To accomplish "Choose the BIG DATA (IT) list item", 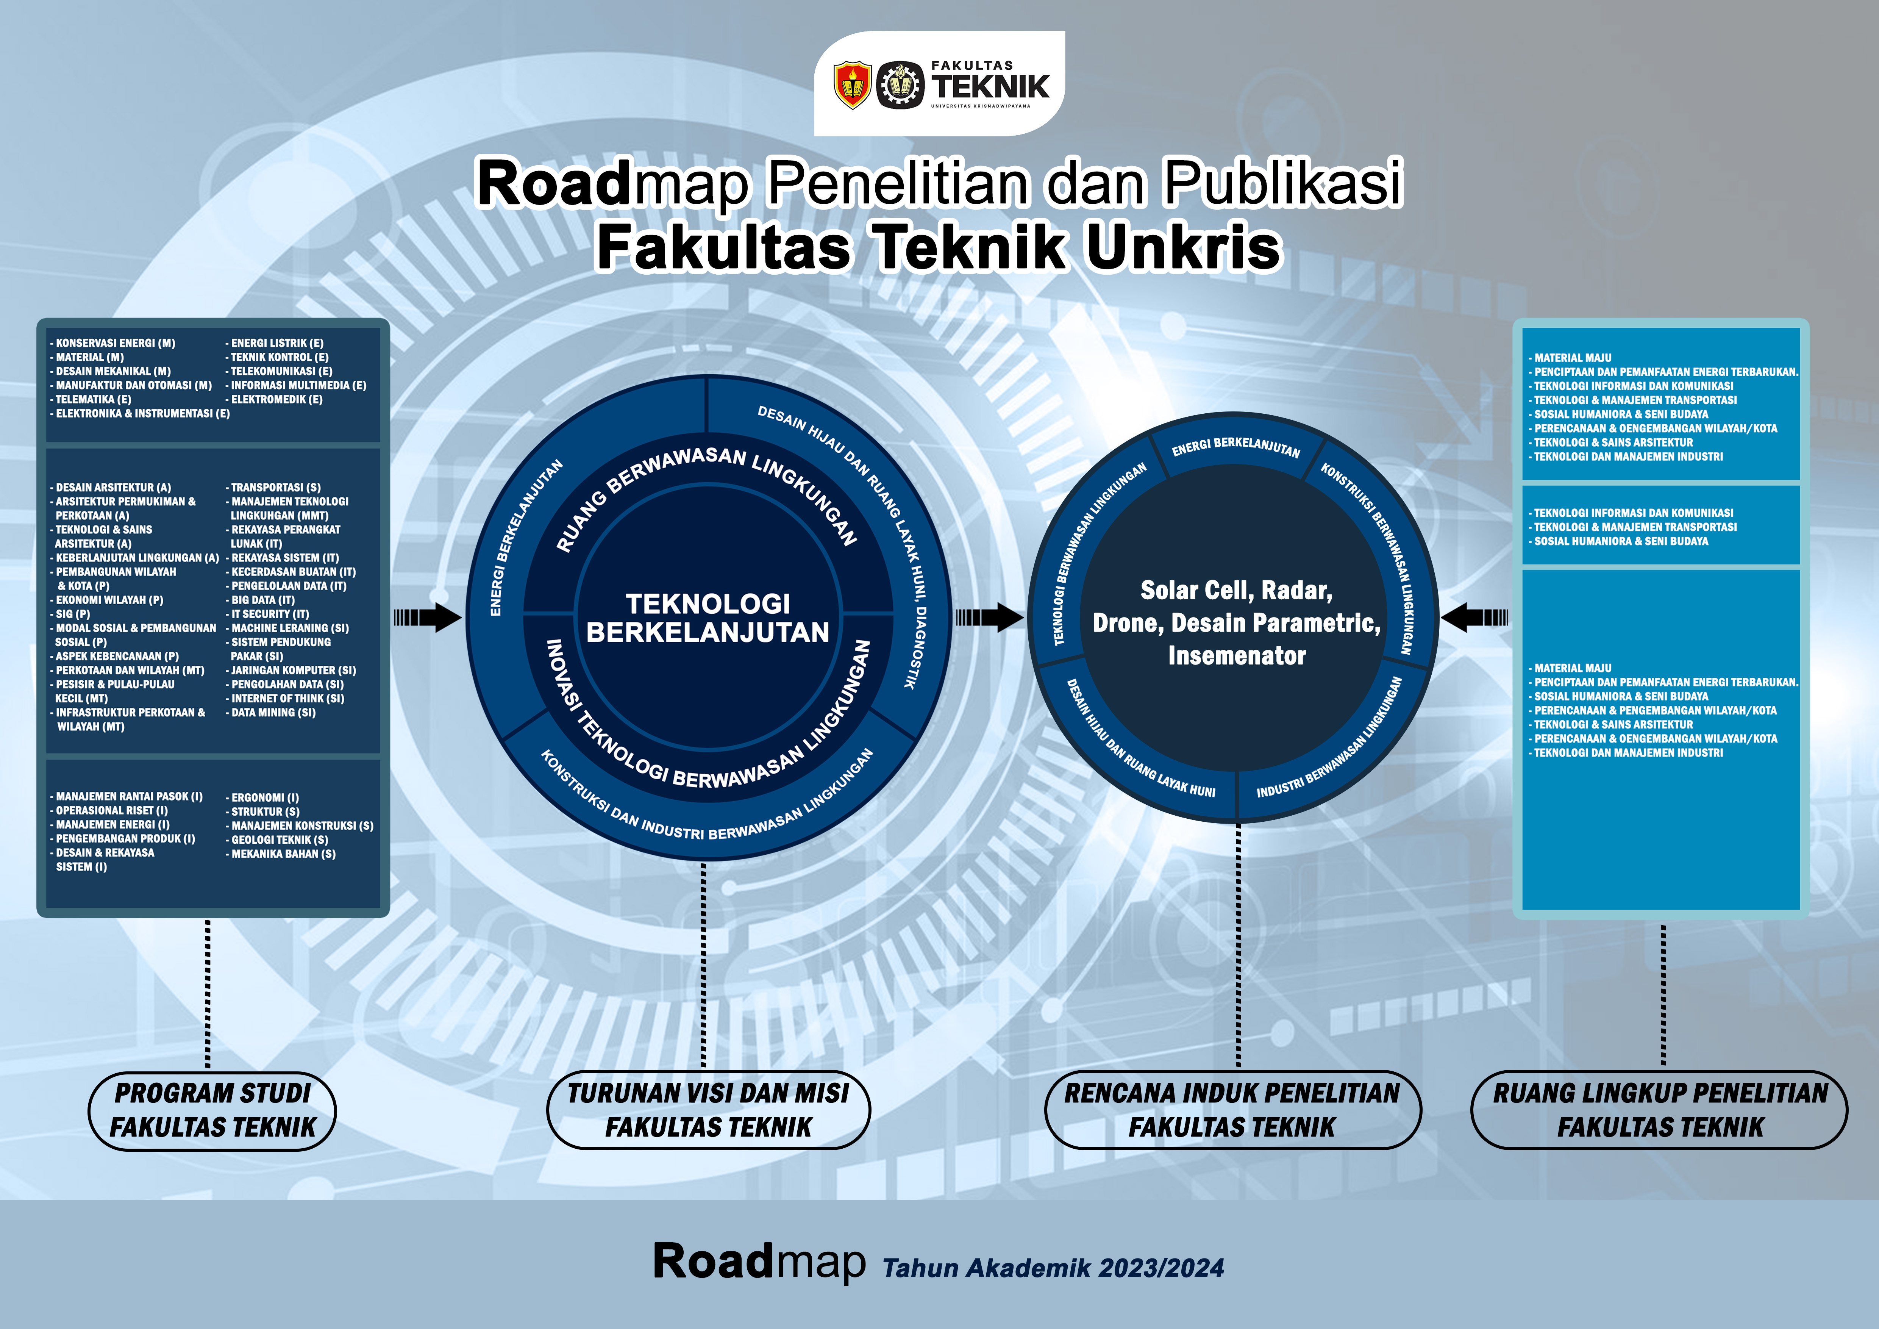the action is [260, 600].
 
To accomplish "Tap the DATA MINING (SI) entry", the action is [271, 713].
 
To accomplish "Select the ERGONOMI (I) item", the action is [263, 797].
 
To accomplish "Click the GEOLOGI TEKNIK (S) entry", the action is [277, 840].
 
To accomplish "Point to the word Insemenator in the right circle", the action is [1237, 655].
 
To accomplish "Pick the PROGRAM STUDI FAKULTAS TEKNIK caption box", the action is [212, 1110].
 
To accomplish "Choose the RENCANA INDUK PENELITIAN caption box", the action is [1232, 1110].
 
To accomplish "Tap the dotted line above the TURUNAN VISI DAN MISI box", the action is [703, 966].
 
